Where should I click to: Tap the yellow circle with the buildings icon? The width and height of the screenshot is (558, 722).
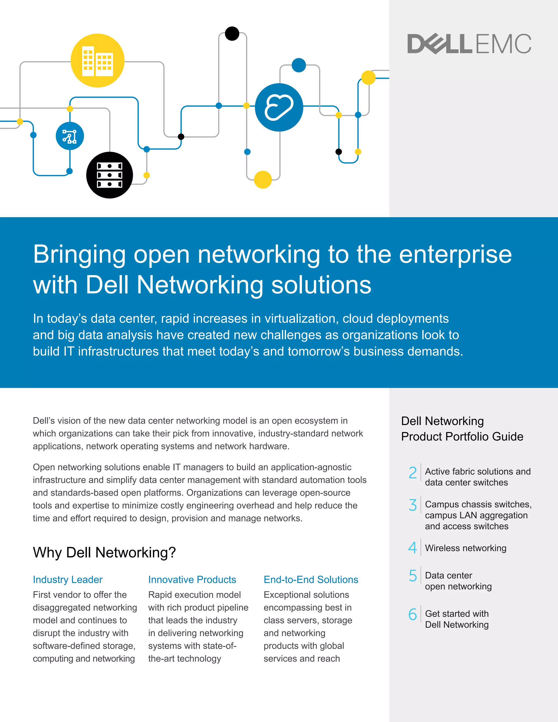98,60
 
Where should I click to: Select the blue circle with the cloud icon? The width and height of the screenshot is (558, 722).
279,107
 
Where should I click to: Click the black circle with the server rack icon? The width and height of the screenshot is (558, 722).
110,175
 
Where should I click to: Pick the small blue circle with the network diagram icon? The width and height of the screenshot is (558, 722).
70,136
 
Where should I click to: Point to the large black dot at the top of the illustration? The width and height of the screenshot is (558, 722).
232,34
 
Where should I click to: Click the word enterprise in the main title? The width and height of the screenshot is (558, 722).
455,254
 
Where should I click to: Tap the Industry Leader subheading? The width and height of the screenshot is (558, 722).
68,580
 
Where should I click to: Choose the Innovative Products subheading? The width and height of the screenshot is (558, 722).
192,580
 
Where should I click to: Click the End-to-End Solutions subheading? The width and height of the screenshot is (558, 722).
311,580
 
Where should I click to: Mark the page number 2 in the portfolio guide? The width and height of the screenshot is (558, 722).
413,472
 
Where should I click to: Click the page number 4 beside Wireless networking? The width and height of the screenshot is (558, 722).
413,548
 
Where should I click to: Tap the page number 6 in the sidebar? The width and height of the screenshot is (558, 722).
413,614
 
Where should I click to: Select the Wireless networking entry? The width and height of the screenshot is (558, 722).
465,548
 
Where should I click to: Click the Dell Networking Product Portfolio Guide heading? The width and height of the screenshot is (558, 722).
462,429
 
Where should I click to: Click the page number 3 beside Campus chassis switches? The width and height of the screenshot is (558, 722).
413,505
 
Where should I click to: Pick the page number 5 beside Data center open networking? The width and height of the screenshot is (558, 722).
413,575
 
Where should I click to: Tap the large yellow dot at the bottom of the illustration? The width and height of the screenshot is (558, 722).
263,180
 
